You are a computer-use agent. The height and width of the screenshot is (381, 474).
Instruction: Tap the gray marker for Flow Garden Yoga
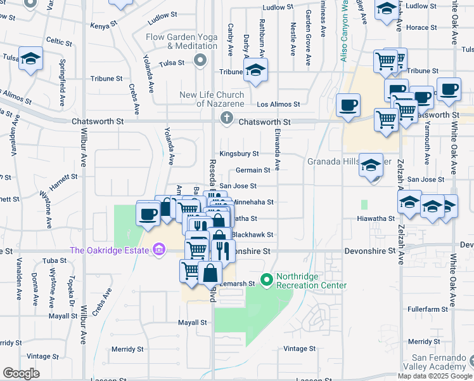pos(201,61)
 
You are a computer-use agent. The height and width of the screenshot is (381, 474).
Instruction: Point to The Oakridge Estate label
pos(110,250)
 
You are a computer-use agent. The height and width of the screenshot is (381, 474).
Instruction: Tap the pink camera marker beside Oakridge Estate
pos(157,250)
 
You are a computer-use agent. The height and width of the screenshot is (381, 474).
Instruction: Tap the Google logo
pos(21,373)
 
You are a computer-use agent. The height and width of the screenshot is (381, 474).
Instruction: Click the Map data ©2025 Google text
pos(435,376)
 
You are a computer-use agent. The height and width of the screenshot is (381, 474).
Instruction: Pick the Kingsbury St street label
pos(239,154)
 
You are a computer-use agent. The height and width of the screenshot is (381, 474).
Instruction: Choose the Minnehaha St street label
pos(253,203)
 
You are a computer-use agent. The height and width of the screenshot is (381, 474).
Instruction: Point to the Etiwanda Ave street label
pos(277,150)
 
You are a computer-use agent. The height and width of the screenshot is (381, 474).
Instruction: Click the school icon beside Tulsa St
pos(30,59)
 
